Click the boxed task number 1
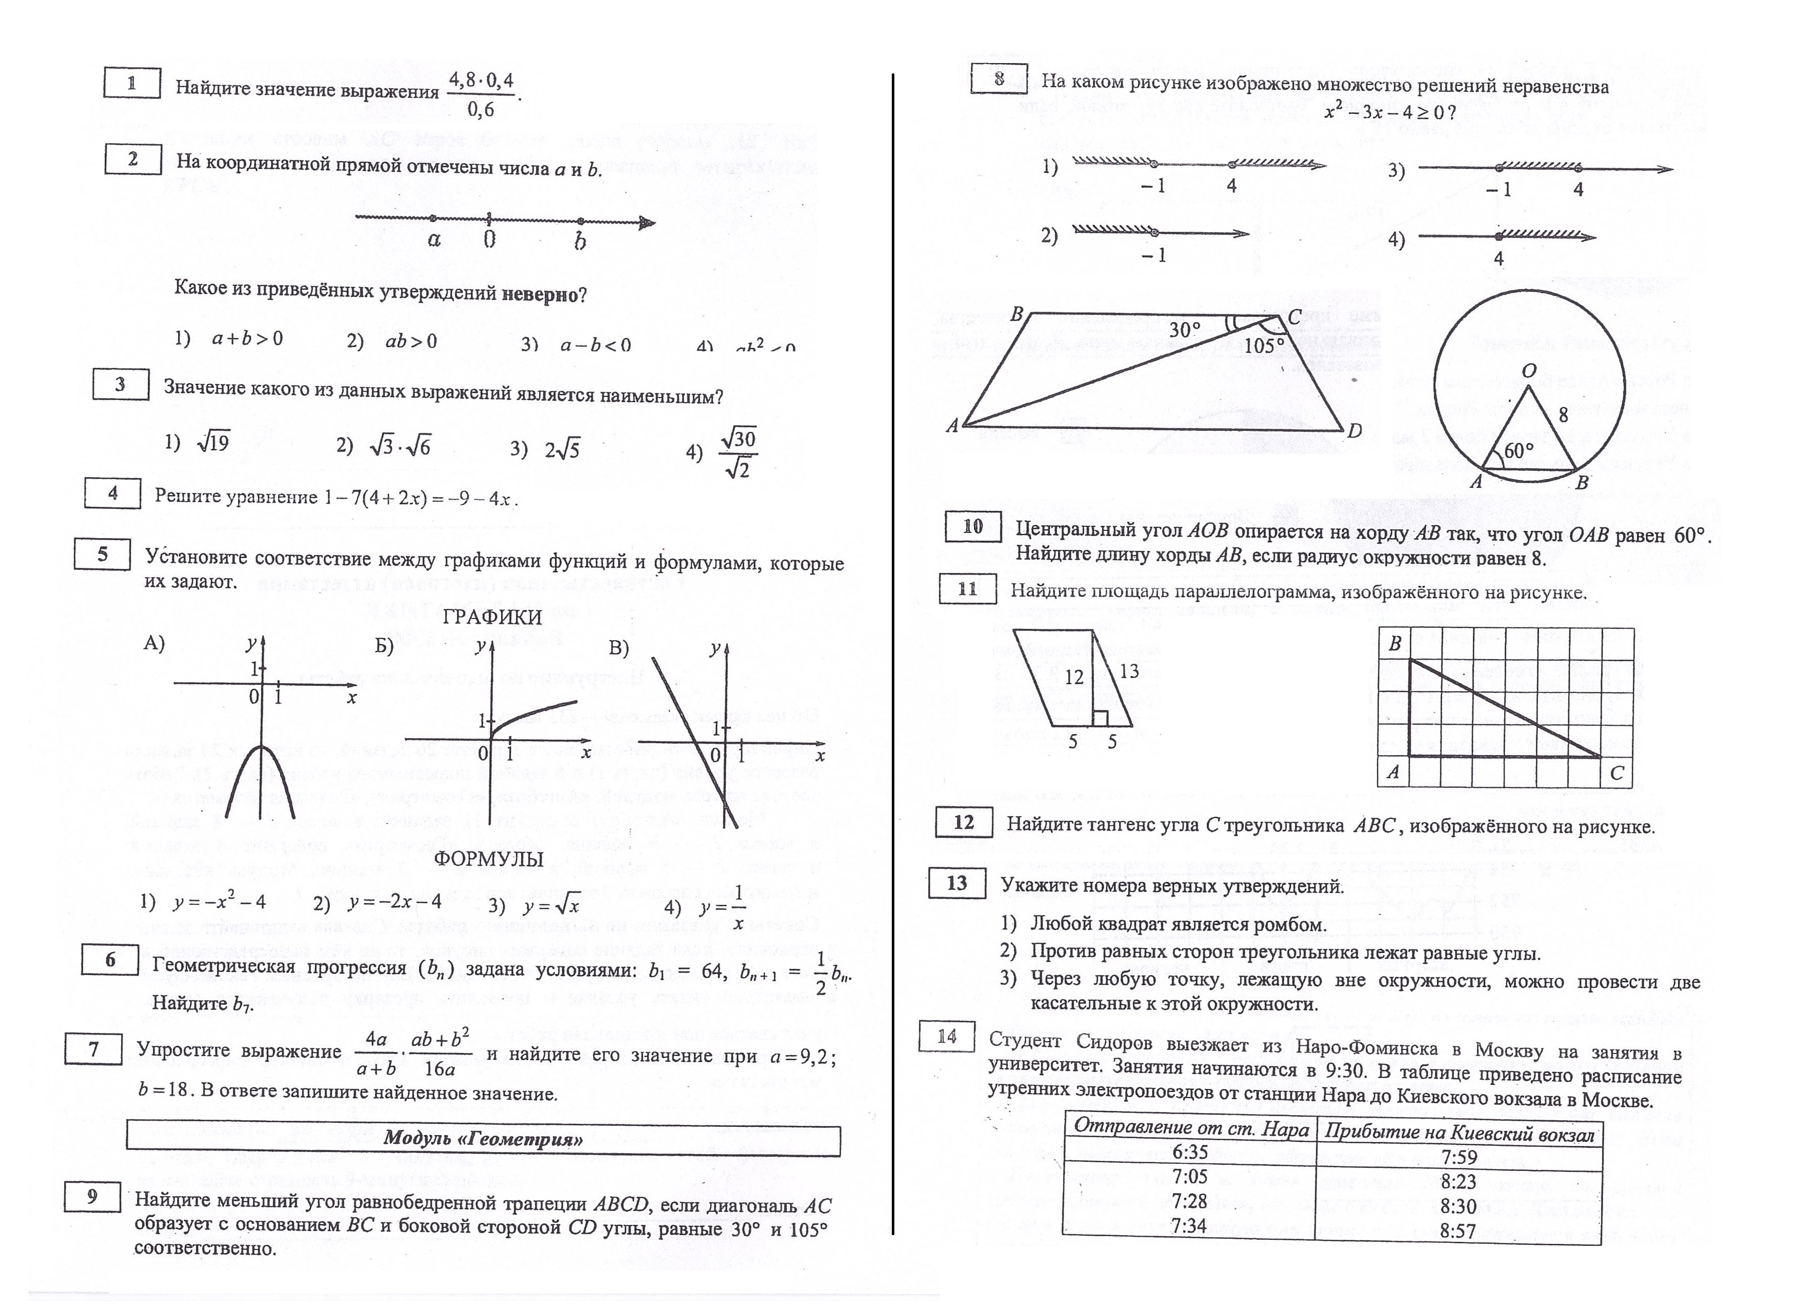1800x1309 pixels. (x=132, y=83)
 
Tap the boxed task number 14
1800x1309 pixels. (x=946, y=1037)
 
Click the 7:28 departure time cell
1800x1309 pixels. (x=1188, y=1202)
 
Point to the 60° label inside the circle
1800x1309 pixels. (x=1519, y=451)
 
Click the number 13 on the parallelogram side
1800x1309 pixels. (x=1129, y=671)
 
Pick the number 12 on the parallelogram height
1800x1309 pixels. (x=1074, y=677)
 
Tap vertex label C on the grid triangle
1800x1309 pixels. (x=1616, y=772)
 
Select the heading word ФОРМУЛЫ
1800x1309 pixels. (x=488, y=860)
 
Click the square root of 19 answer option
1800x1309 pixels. (x=213, y=442)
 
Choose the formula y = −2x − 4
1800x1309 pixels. (x=394, y=903)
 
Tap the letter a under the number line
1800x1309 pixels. (x=433, y=240)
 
